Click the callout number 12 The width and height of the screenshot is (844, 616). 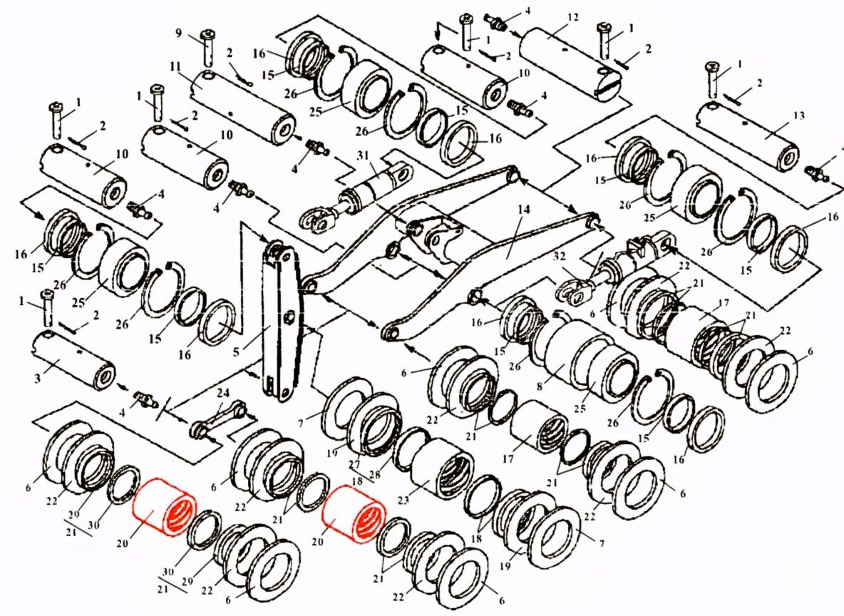tap(572, 16)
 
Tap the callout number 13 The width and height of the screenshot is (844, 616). tap(798, 116)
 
